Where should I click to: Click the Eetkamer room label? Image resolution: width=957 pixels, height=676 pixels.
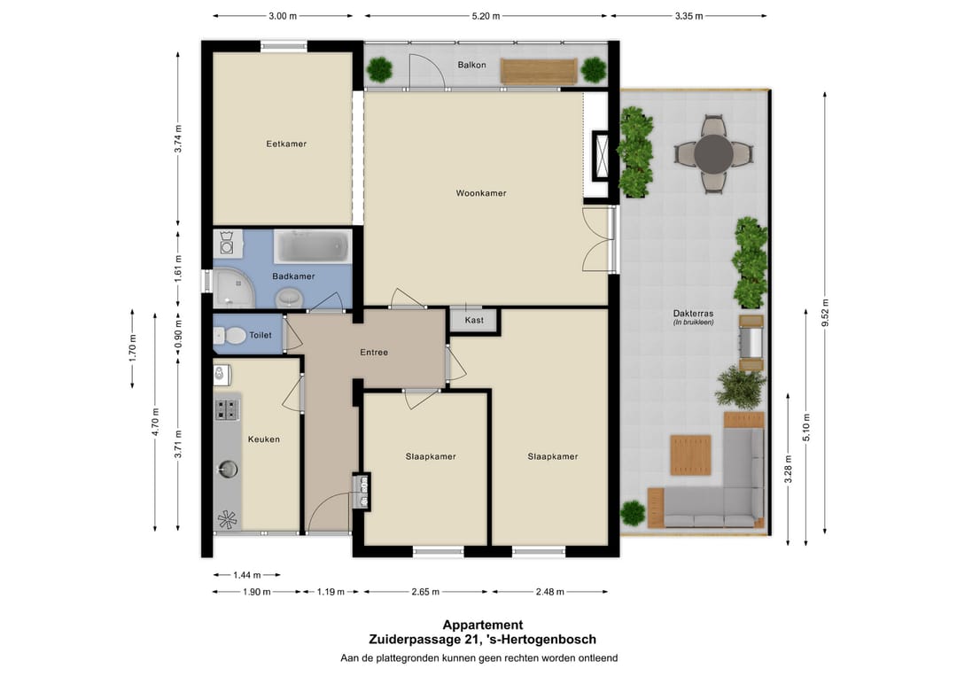point(286,144)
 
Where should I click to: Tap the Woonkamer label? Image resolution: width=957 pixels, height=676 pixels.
point(481,193)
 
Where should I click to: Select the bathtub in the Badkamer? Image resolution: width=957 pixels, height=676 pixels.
point(313,246)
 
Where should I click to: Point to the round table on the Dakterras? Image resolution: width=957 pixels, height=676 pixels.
point(713,154)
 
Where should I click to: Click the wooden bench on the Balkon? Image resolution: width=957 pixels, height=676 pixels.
point(539,71)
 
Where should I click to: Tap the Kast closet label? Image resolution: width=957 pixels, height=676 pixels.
point(474,320)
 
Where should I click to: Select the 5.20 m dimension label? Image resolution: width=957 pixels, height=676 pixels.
point(486,16)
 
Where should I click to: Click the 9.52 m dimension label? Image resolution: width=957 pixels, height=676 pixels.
point(825,313)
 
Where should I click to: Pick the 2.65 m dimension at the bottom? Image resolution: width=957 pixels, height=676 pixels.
point(425,592)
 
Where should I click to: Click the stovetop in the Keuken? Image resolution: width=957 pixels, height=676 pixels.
point(227,409)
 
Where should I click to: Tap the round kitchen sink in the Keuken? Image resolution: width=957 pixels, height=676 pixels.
point(228,470)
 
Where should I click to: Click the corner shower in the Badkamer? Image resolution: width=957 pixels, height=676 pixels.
point(234,287)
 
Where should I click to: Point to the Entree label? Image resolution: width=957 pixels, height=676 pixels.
point(374,352)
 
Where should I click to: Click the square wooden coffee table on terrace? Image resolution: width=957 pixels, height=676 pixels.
point(691,455)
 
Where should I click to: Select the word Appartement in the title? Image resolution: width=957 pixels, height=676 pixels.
point(483,625)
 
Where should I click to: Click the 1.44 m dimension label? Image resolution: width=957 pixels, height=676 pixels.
point(247,575)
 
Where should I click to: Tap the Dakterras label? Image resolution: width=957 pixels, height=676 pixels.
point(693,314)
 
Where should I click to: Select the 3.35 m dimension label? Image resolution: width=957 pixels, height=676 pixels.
point(689,16)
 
